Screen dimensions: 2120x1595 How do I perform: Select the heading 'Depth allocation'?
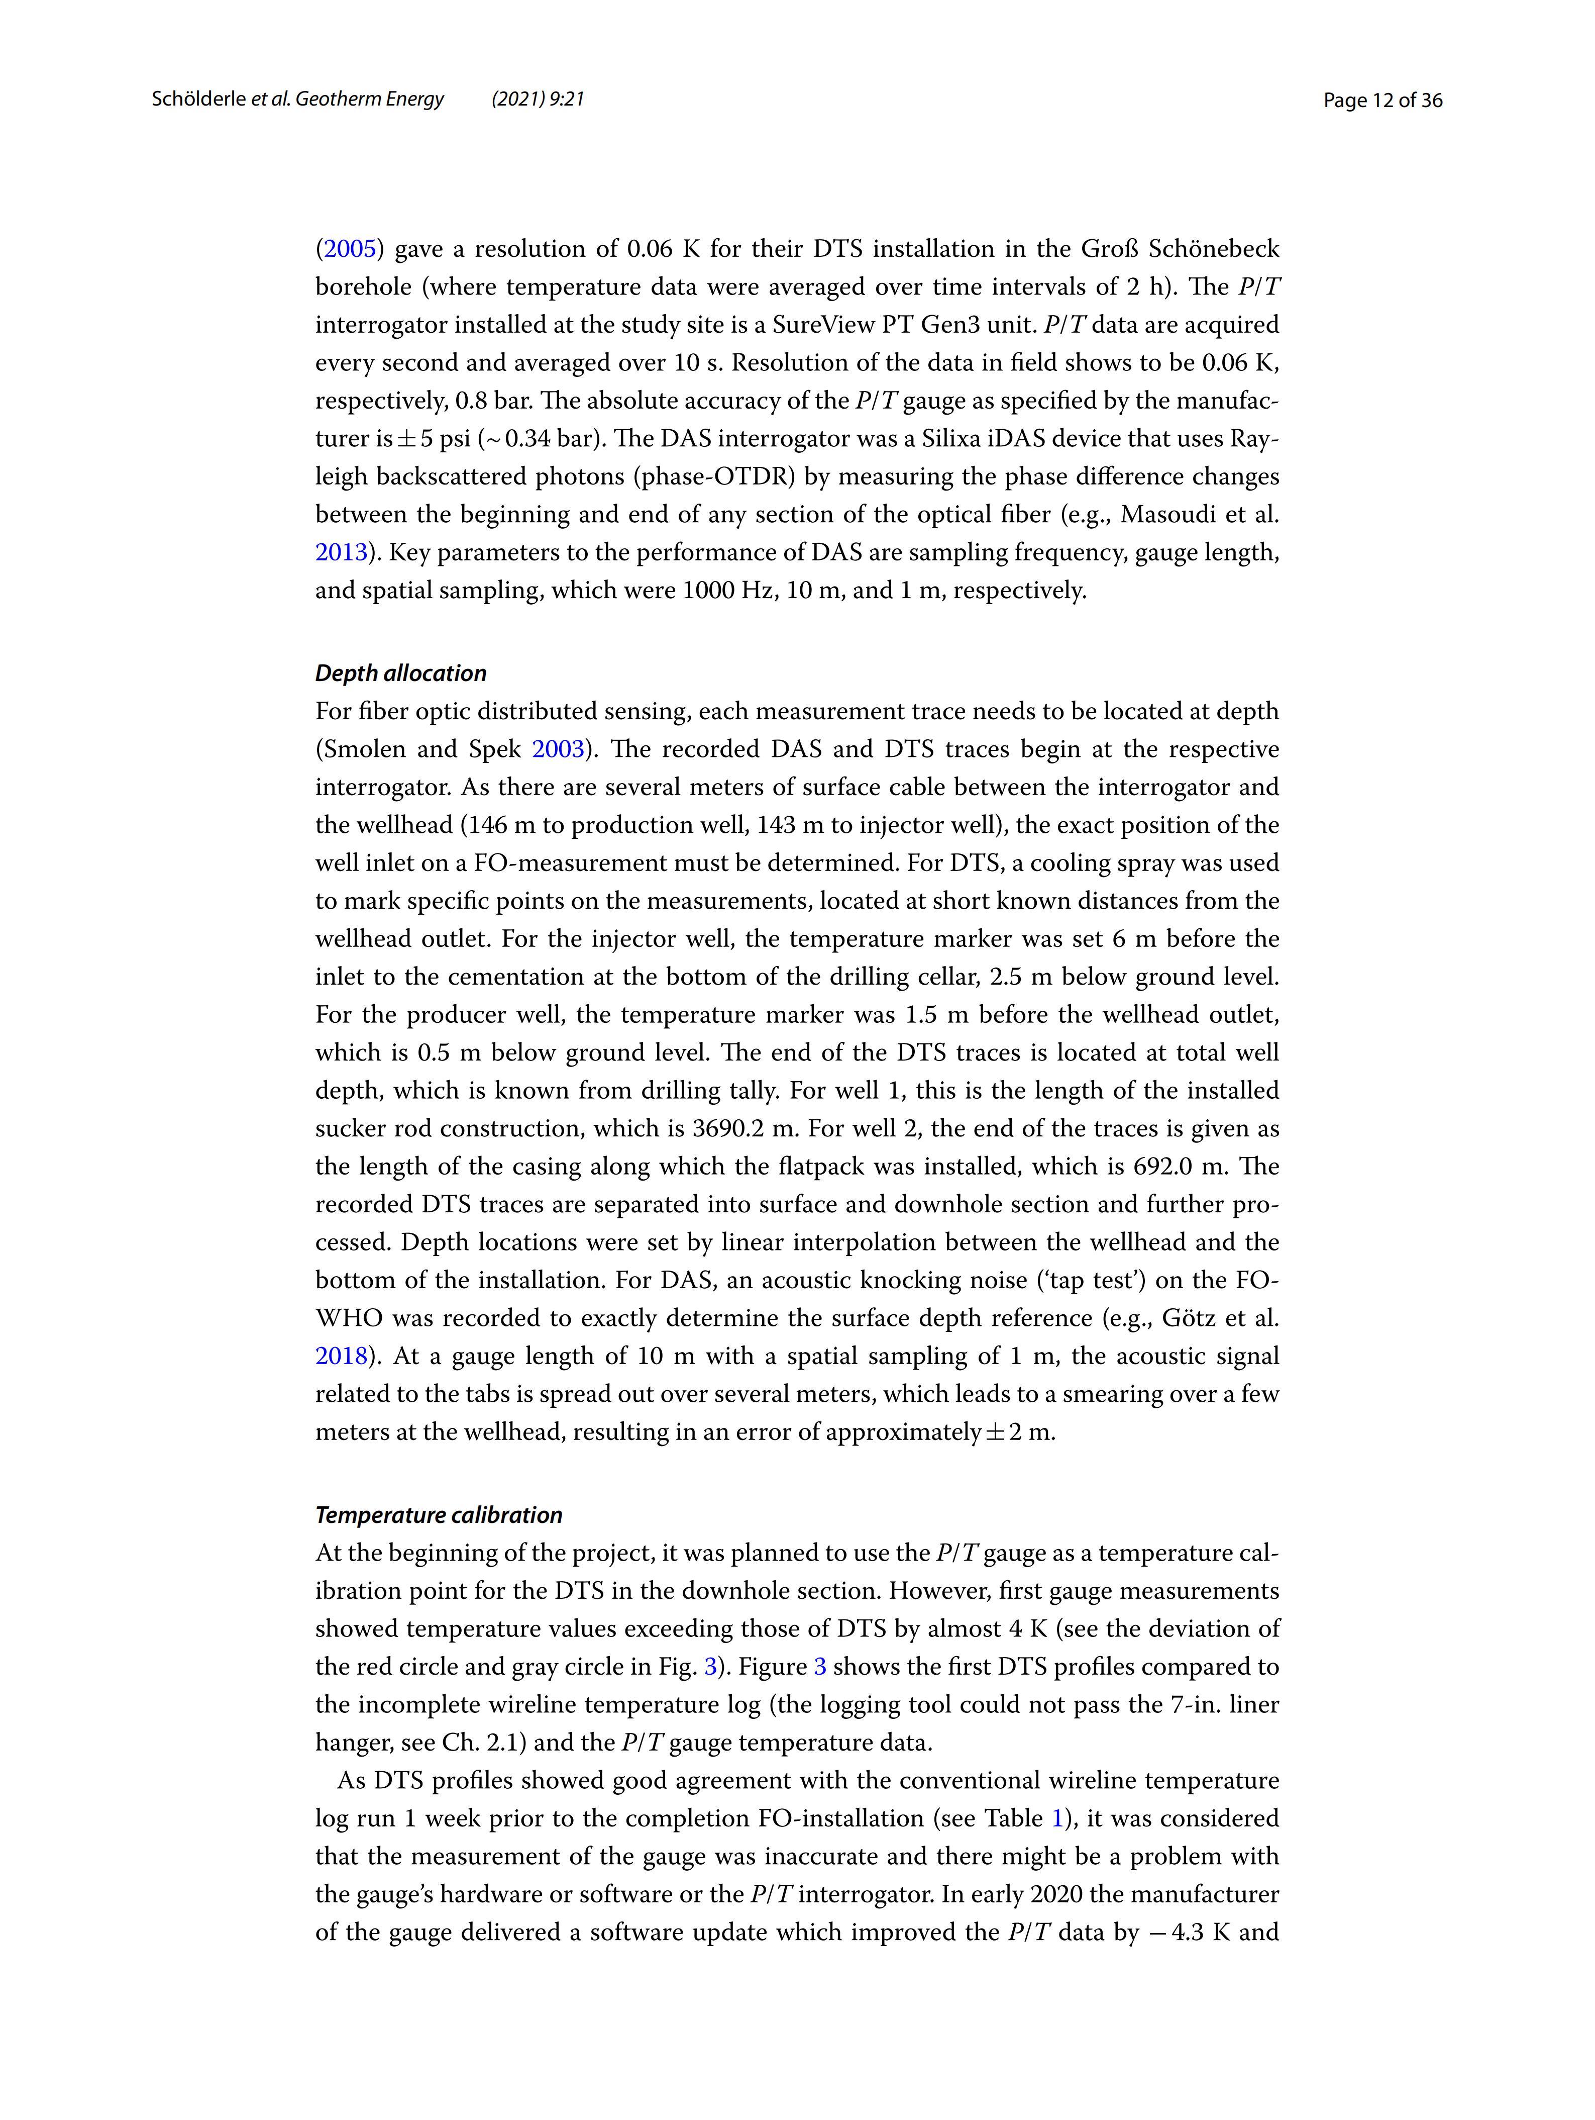400,674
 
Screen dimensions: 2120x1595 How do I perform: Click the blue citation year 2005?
350,249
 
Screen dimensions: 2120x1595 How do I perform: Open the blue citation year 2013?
341,553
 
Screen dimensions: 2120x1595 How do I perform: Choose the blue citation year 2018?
341,1356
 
